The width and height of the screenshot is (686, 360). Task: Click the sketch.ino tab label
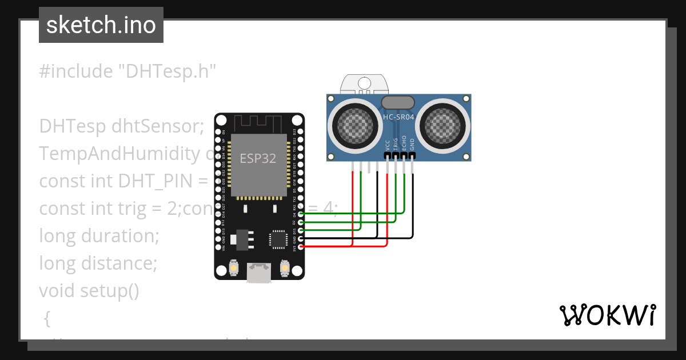(x=101, y=26)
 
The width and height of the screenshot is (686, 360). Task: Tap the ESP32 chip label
(x=257, y=159)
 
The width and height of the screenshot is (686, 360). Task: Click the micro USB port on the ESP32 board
(x=259, y=273)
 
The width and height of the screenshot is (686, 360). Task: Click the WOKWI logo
(x=607, y=315)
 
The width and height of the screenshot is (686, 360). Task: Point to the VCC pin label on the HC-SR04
(x=388, y=145)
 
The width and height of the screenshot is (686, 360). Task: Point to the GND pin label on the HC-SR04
(x=412, y=145)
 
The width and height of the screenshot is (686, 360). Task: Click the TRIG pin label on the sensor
(x=396, y=143)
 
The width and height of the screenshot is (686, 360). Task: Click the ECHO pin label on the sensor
(x=404, y=142)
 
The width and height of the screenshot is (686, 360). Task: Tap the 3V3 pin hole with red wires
(x=301, y=246)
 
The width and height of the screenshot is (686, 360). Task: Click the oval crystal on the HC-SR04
(x=398, y=102)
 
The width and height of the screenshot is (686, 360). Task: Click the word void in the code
(x=57, y=291)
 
